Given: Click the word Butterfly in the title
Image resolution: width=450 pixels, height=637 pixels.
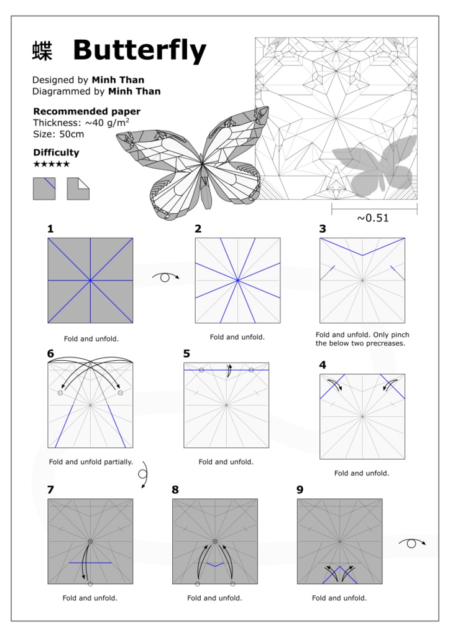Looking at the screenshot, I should pyautogui.click(x=139, y=50).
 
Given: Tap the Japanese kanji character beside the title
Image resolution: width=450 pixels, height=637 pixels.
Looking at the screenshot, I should pyautogui.click(x=42, y=51).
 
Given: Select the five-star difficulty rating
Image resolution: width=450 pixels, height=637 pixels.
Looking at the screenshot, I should pyautogui.click(x=51, y=164).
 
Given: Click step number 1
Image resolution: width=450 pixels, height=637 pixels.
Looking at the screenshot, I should pyautogui.click(x=50, y=229).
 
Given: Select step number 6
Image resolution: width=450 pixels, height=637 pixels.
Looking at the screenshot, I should pyautogui.click(x=50, y=354).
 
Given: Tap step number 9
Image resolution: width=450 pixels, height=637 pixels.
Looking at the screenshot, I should pyautogui.click(x=300, y=490).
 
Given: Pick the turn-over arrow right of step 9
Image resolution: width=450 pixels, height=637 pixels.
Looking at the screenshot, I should pyautogui.click(x=411, y=543).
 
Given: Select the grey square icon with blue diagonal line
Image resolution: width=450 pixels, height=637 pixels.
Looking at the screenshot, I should pyautogui.click(x=44, y=188).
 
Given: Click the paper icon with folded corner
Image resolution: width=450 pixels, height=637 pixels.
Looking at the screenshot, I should pyautogui.click(x=78, y=188).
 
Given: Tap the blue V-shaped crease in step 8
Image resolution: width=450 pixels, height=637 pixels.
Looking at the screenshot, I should pyautogui.click(x=215, y=564).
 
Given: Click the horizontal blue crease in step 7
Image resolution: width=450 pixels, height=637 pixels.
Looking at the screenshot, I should pyautogui.click(x=90, y=562).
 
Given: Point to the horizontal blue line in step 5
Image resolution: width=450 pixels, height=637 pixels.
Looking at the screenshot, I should pyautogui.click(x=226, y=370).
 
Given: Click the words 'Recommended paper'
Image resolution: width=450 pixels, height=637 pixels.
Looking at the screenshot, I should pyautogui.click(x=86, y=111).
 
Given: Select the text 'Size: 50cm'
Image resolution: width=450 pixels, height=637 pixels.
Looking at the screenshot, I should pyautogui.click(x=58, y=134).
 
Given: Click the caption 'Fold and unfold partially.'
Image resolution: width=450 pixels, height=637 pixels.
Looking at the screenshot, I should pyautogui.click(x=91, y=462).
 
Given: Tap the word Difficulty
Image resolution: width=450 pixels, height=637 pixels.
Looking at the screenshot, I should pyautogui.click(x=56, y=152).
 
